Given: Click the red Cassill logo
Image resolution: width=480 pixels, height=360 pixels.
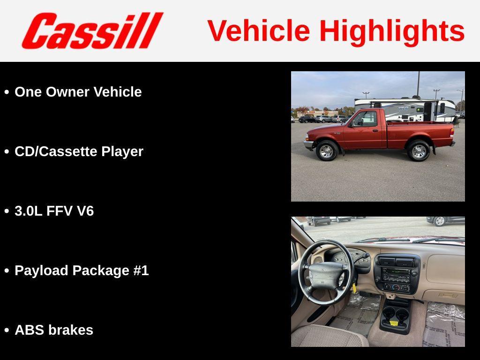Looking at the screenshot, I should [92, 30].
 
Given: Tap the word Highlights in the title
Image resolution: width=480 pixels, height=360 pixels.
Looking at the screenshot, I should [392, 31].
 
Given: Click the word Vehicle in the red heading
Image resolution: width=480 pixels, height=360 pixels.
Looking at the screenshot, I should [259, 31].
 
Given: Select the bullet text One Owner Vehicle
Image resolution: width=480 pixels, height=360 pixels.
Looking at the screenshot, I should [78, 92].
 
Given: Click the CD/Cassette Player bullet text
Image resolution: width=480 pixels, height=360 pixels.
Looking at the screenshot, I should [79, 151].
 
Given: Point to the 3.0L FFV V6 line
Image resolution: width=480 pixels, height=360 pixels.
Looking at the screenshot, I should [54, 211].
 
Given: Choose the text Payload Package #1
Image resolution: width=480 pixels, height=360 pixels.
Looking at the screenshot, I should [82, 270].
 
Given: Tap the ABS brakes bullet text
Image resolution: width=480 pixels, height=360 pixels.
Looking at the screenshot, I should [54, 330].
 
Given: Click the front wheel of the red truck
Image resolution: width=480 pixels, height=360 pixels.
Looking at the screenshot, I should [327, 151].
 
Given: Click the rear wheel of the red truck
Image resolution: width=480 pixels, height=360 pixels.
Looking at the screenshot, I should [418, 151].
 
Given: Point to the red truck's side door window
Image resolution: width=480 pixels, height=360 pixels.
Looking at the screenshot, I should [366, 119].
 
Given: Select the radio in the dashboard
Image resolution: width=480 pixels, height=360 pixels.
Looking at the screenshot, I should [396, 275].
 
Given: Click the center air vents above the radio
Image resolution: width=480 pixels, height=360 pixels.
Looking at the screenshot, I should [396, 262].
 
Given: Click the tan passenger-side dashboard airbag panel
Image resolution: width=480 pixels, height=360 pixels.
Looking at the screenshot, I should [444, 269].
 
